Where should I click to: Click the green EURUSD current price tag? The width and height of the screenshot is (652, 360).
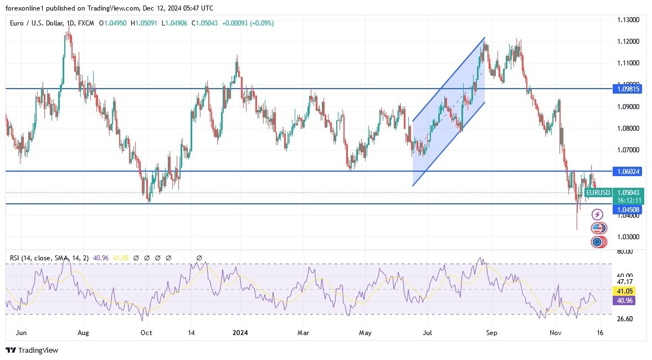pyautogui.click(x=598, y=193)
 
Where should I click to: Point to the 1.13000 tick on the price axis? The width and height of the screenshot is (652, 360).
pyautogui.click(x=628, y=20)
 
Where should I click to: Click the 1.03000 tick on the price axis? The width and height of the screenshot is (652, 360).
pyautogui.click(x=628, y=237)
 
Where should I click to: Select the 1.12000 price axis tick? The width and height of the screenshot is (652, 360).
pyautogui.click(x=628, y=42)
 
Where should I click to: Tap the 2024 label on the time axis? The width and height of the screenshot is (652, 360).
pyautogui.click(x=240, y=333)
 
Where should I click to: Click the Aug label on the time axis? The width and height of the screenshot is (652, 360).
pyautogui.click(x=83, y=333)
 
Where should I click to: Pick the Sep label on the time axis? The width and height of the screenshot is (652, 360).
pyautogui.click(x=491, y=333)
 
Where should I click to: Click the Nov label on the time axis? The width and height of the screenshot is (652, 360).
pyautogui.click(x=557, y=333)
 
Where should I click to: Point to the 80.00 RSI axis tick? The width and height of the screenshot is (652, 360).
pyautogui.click(x=624, y=251)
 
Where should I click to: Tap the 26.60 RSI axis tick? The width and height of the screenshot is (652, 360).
pyautogui.click(x=624, y=319)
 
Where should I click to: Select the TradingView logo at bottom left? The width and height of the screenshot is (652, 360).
pyautogui.click(x=32, y=350)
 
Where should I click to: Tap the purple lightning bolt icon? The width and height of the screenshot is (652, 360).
pyautogui.click(x=597, y=214)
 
